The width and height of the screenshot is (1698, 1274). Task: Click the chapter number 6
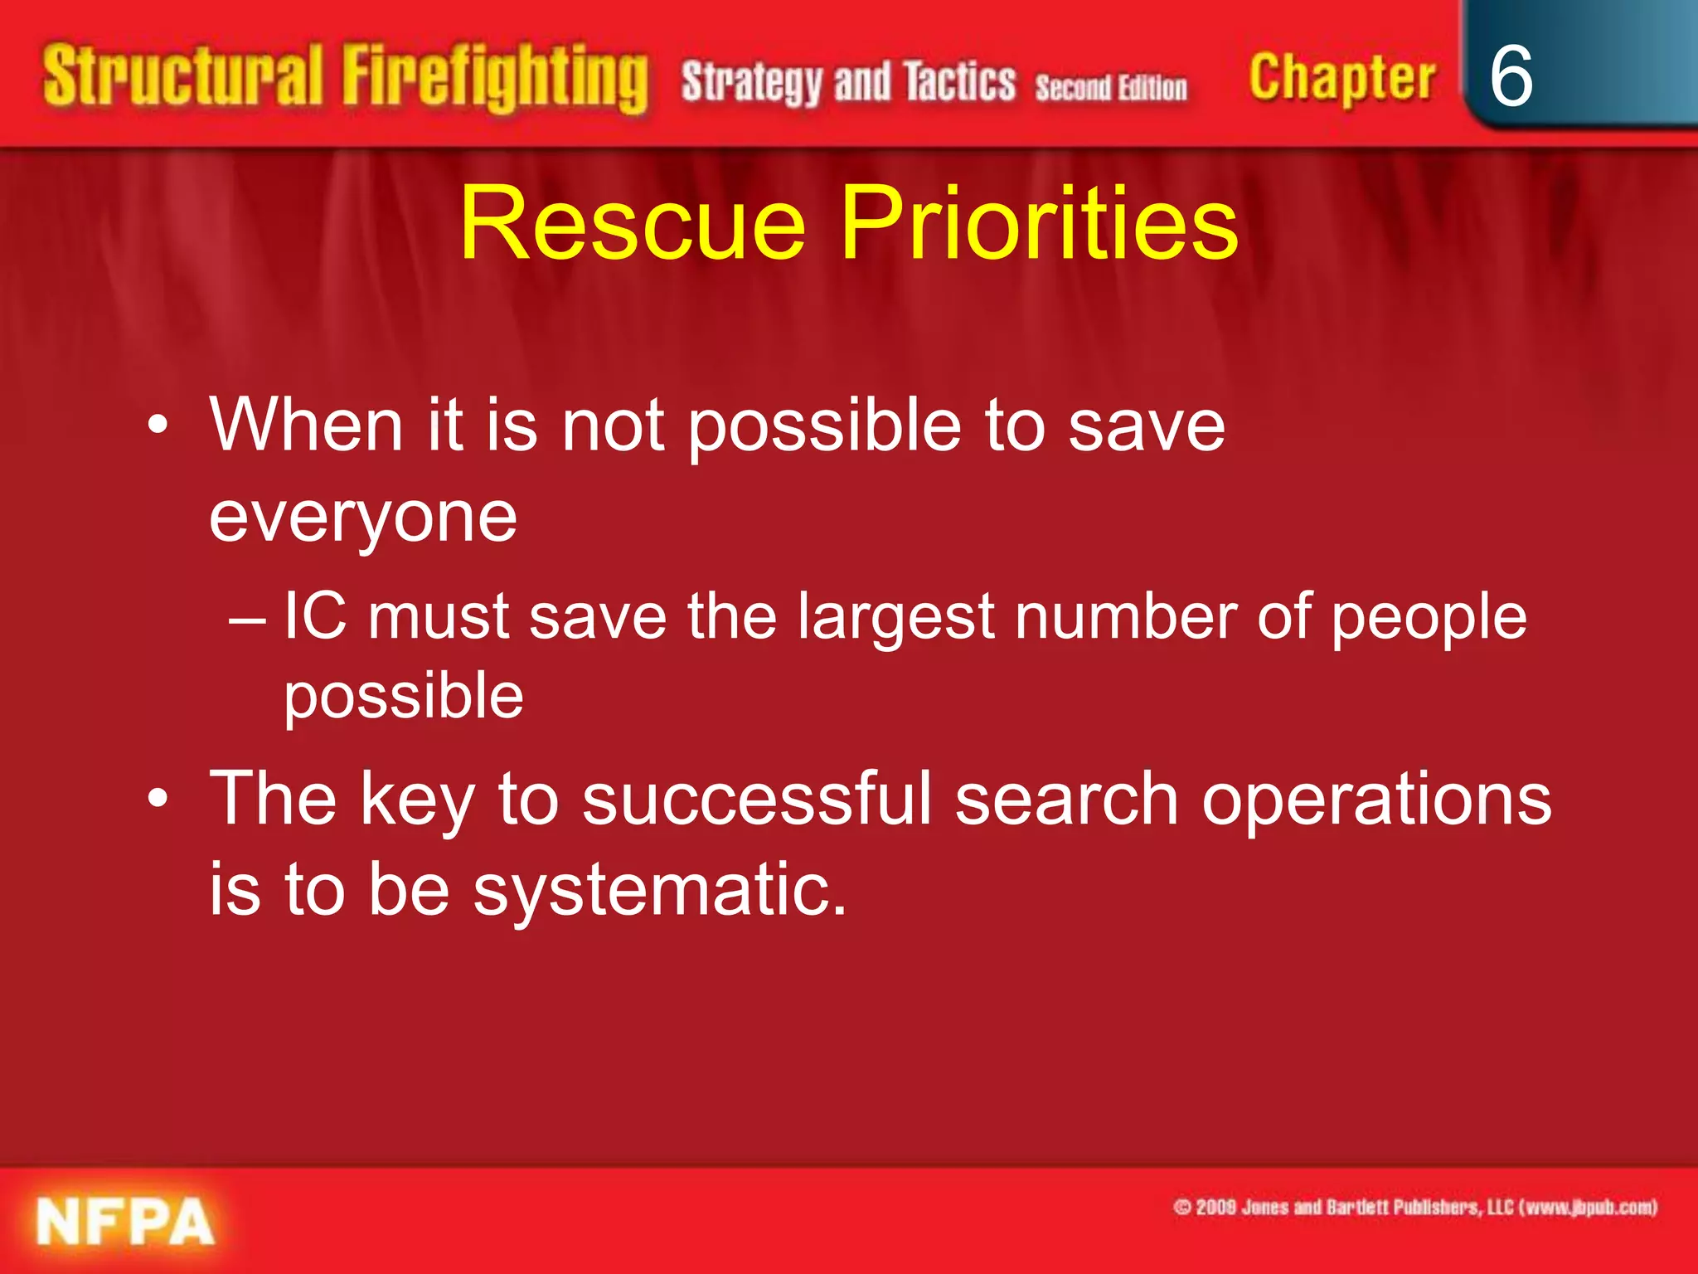1511,76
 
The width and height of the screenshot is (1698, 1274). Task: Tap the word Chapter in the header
1341,79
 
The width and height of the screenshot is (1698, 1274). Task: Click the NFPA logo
125,1222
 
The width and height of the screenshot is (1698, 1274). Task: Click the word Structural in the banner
182,77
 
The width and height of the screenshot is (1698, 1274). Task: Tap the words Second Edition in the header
1110,87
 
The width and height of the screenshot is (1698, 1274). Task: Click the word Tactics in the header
959,82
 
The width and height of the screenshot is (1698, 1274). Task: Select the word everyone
363,518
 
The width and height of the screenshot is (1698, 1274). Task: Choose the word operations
1376,800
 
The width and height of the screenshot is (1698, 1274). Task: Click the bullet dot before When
158,426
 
